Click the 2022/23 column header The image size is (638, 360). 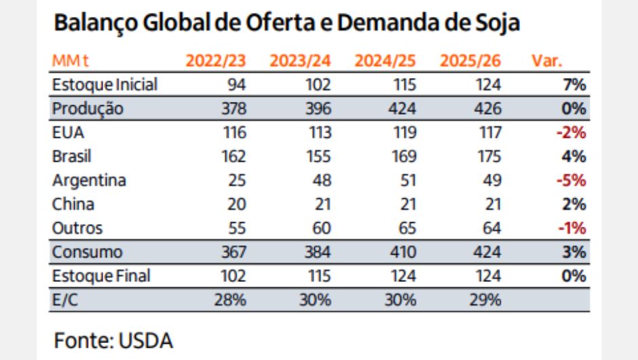(x=216, y=60)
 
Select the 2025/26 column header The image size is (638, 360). (x=470, y=60)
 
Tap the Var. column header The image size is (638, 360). (x=546, y=60)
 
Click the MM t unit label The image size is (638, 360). (x=70, y=60)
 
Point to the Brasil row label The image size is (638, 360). (x=72, y=156)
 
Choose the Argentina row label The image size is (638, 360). (x=89, y=181)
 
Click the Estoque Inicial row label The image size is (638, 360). (x=105, y=85)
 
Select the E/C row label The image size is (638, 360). (x=65, y=300)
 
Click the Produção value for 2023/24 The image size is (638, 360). (x=318, y=109)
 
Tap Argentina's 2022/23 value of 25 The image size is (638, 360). (x=237, y=181)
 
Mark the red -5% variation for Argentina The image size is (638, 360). (x=571, y=181)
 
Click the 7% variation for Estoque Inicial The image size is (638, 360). (x=574, y=85)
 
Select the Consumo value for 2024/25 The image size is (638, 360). (x=402, y=252)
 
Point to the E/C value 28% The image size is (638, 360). (x=230, y=300)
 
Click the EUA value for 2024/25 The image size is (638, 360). (x=405, y=132)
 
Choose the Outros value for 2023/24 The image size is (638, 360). (x=322, y=228)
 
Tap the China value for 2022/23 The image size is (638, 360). (x=237, y=204)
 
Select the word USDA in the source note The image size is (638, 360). (x=146, y=341)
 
